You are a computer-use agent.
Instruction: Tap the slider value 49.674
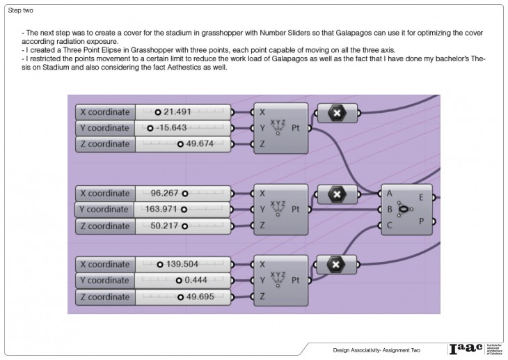tap(195, 144)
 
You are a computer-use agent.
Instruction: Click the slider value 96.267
tap(166, 194)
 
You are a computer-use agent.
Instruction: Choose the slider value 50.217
tap(166, 225)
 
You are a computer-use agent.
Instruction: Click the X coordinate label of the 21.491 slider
tap(104, 111)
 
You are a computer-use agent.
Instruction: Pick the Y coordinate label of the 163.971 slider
tap(104, 209)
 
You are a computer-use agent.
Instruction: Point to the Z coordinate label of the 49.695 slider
tap(104, 297)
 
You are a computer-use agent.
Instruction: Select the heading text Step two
tap(20, 11)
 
